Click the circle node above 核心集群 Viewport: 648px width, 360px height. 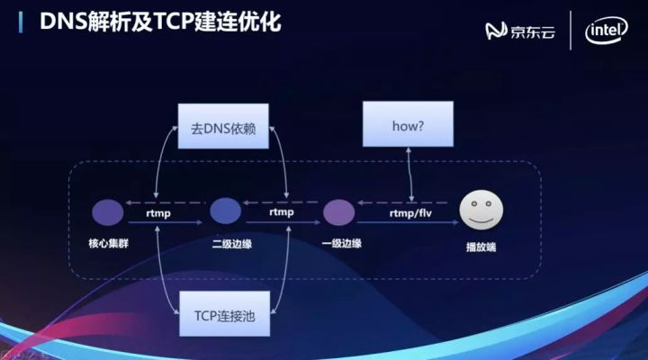(x=108, y=212)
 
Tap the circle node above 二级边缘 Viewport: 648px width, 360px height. (x=225, y=212)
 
